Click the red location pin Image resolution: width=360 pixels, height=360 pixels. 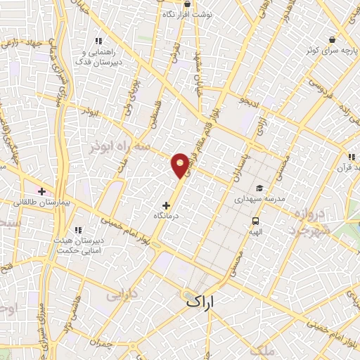tap(181, 165)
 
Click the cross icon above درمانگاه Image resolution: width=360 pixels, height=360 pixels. tap(166, 205)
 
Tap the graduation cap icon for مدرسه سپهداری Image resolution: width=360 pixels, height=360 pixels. tap(259, 188)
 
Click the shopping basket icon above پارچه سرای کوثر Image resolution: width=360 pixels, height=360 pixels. tap(330, 39)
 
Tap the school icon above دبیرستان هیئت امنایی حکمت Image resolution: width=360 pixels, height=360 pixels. tap(78, 230)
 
